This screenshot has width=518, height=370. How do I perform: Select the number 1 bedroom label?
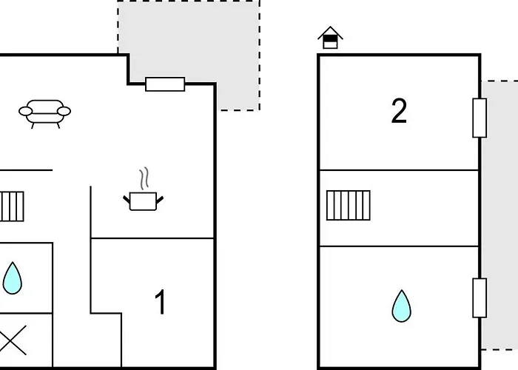161,302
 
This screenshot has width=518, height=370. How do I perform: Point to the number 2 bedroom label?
399,111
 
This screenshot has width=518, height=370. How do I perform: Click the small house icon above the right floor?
330,37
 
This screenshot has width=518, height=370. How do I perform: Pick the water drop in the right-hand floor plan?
401,306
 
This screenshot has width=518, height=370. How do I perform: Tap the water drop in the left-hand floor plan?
13,278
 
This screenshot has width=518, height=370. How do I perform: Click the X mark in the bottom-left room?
13,340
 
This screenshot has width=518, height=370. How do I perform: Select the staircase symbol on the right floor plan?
349,205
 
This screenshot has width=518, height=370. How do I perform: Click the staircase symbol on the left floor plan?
12,206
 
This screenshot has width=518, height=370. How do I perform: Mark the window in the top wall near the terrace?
165,84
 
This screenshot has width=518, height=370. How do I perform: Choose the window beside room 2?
480,118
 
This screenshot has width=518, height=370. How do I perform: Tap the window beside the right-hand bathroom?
480,298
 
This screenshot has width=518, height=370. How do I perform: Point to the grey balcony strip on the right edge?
499,215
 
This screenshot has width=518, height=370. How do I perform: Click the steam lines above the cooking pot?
144,178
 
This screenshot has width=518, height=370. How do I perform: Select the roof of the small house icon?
330,33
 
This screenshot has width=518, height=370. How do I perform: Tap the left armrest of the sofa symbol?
25,111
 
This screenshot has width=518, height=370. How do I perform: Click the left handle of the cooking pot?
127,199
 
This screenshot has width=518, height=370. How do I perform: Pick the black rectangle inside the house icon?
330,39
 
